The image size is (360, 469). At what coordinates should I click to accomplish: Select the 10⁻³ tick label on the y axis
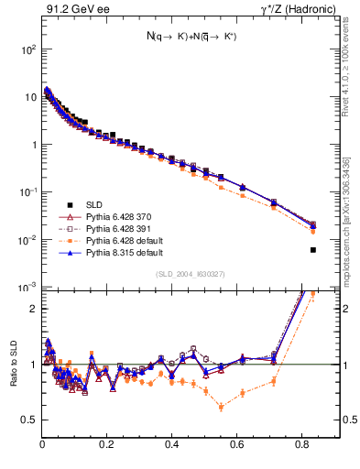[27, 287]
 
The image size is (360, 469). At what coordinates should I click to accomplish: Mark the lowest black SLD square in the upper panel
[313, 250]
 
